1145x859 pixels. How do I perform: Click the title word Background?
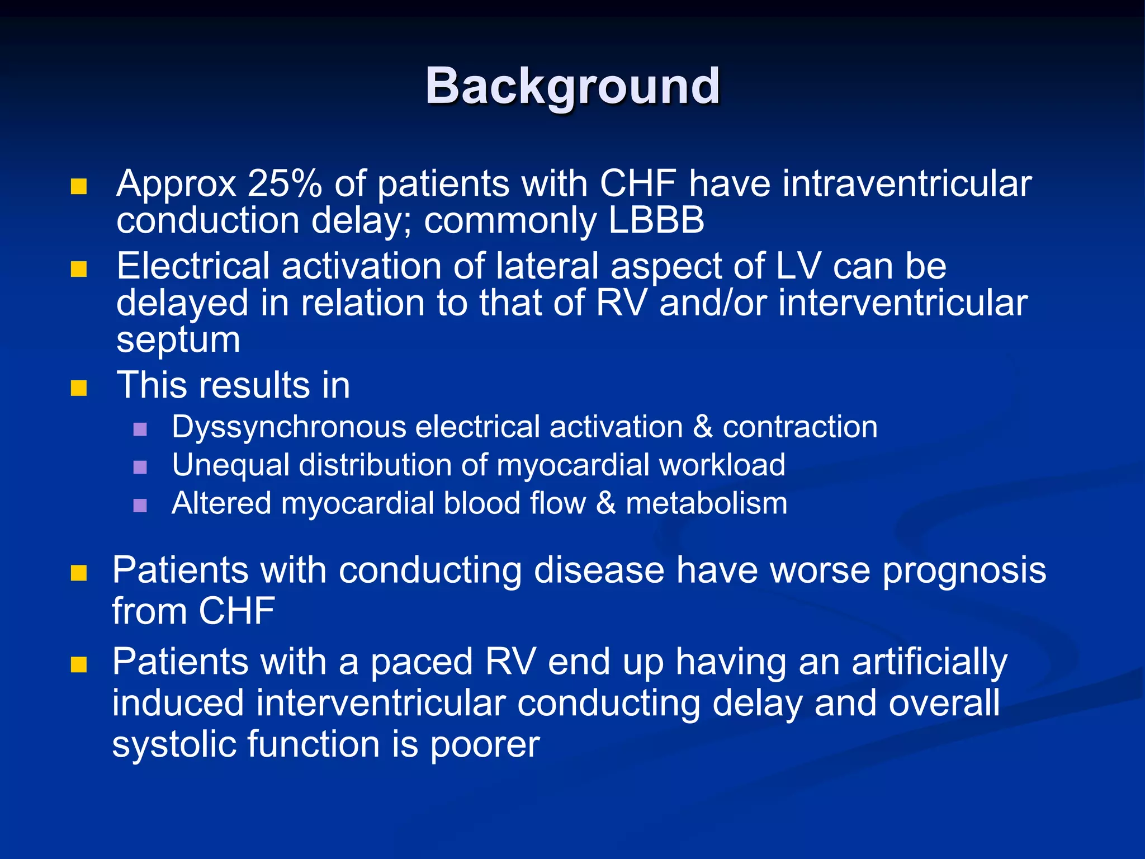[x=572, y=87]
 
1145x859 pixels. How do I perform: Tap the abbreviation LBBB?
[x=656, y=220]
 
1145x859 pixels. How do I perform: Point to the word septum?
[x=178, y=340]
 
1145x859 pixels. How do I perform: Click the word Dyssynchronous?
[x=288, y=428]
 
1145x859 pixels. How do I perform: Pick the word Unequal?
[x=230, y=466]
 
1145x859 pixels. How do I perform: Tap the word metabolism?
[x=706, y=503]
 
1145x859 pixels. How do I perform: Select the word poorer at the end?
[x=484, y=745]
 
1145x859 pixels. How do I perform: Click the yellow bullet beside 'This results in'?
[x=79, y=388]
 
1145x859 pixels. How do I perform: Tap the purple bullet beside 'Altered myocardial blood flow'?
[x=140, y=506]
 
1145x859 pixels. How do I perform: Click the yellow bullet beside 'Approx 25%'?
[x=79, y=186]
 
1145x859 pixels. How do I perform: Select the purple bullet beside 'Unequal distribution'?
[x=140, y=467]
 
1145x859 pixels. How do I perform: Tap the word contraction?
[x=799, y=427]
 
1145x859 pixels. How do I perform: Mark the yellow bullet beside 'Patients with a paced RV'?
[x=79, y=664]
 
